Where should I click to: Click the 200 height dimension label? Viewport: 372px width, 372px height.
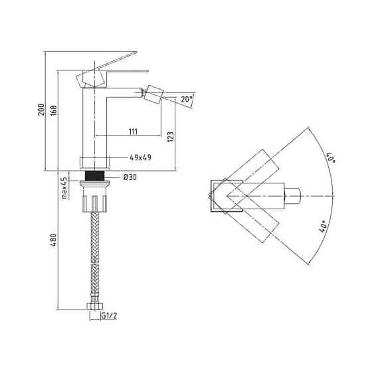pos(41,110)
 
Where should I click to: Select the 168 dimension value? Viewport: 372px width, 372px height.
pos(54,110)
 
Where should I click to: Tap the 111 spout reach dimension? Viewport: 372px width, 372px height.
pos(133,132)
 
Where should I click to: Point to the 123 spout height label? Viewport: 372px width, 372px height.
pos(171,137)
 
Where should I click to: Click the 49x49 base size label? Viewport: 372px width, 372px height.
pos(140,157)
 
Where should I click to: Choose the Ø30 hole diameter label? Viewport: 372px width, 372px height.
pos(130,177)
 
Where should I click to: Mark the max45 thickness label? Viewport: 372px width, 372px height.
pos(64,188)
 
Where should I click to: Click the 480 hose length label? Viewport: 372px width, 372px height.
pos(54,240)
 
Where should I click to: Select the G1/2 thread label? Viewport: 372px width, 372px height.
pos(110,316)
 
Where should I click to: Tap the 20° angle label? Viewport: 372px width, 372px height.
pos(187,99)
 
